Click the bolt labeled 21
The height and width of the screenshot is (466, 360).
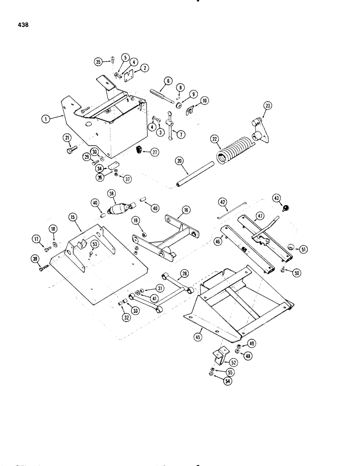pyautogui.click(x=70, y=150)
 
